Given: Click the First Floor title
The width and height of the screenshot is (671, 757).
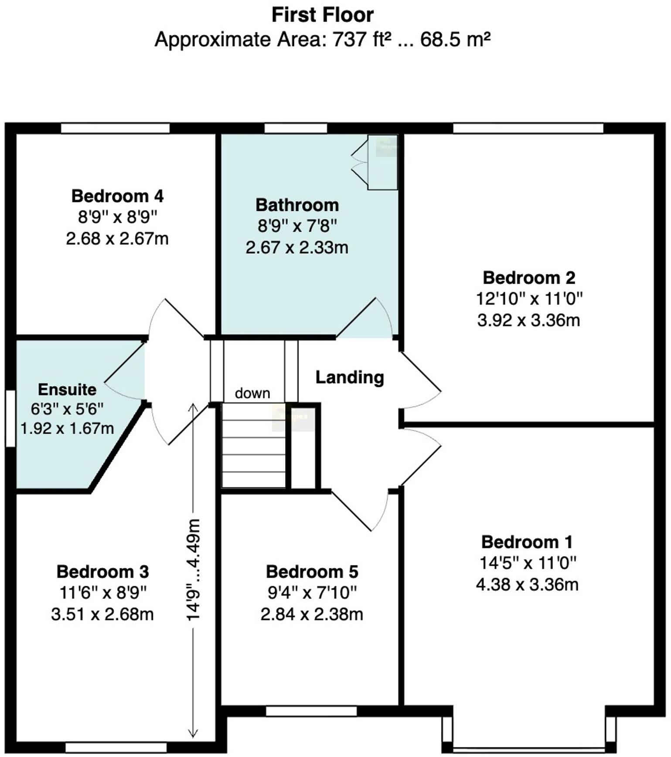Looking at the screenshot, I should [322, 15].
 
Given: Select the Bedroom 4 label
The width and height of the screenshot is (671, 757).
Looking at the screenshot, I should [117, 196].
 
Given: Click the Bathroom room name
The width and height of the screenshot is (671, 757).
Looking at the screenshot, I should [297, 205].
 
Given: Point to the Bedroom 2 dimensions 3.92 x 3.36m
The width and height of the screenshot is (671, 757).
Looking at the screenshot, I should [528, 320].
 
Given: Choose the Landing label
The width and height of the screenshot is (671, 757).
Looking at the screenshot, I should [350, 377].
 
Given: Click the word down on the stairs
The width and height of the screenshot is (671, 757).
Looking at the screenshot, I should [252, 393].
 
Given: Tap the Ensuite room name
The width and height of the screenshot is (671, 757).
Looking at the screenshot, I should [67, 389].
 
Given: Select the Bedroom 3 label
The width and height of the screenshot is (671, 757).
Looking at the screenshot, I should [102, 571].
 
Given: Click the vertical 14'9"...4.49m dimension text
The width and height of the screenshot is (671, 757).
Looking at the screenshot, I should [193, 570].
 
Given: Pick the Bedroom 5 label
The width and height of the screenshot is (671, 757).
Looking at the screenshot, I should [312, 571].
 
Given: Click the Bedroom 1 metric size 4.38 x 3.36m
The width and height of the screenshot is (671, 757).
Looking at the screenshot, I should [527, 584].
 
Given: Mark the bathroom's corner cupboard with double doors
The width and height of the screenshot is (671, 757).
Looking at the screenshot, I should [382, 162].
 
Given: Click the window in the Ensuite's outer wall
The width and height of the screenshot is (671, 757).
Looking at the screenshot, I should [10, 418].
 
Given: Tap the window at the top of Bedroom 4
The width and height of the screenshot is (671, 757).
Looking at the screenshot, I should [115, 128].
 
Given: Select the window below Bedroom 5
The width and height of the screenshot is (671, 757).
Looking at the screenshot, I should [311, 711].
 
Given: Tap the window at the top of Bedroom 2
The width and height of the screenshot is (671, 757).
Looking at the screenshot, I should [528, 128].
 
